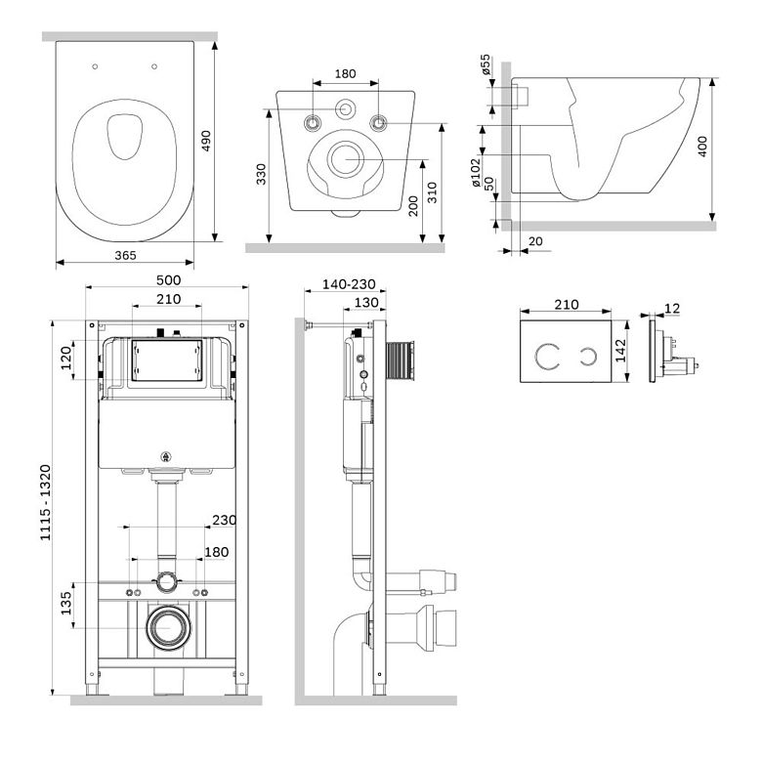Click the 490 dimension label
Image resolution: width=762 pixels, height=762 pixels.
pyautogui.click(x=206, y=141)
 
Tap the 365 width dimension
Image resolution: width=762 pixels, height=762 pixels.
pyautogui.click(x=125, y=255)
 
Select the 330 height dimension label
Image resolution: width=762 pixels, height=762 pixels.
pyautogui.click(x=262, y=175)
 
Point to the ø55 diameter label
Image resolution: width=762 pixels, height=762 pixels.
pyautogui.click(x=485, y=64)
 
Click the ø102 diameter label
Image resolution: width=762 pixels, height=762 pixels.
pyautogui.click(x=476, y=173)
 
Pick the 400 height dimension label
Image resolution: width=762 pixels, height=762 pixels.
pyautogui.click(x=702, y=147)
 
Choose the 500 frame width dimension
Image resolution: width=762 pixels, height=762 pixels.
pyautogui.click(x=168, y=280)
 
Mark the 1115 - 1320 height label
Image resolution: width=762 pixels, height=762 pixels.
pyautogui.click(x=45, y=502)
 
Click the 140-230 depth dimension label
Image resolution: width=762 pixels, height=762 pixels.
pyautogui.click(x=349, y=284)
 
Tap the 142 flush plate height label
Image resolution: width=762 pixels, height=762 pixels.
pyautogui.click(x=621, y=351)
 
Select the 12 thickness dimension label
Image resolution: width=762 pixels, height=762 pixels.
pyautogui.click(x=672, y=309)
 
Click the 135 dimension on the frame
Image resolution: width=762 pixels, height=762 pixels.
pyautogui.click(x=66, y=603)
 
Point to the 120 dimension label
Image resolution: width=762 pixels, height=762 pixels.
pyautogui.click(x=66, y=359)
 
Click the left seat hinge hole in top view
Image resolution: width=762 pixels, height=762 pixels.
pyautogui.click(x=95, y=66)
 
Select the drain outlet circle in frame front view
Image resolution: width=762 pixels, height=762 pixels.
pyautogui.click(x=169, y=627)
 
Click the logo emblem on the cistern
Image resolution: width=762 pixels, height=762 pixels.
pyautogui.click(x=166, y=456)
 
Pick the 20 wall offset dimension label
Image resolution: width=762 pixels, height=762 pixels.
pyautogui.click(x=535, y=241)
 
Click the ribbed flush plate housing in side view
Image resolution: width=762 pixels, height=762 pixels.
pyautogui.click(x=400, y=360)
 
